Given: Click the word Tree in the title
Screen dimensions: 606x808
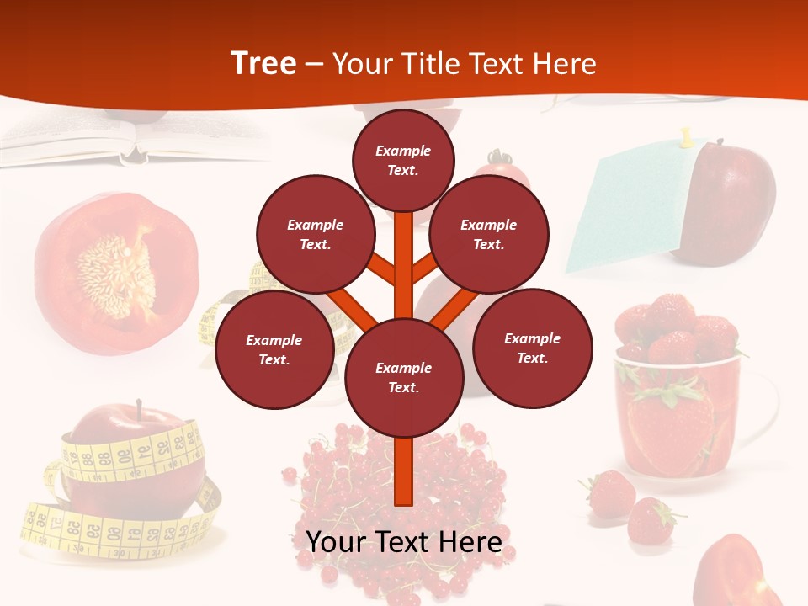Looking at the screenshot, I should coord(263,63).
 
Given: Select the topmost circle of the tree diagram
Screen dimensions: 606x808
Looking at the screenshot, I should coord(403,160).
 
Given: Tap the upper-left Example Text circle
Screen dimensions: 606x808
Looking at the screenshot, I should coord(316,235).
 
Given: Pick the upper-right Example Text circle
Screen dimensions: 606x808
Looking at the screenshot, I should coord(488,235).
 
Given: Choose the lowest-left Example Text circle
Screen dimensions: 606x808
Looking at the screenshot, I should coord(274,349).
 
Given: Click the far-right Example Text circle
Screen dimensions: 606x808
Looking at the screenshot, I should coord(532,348).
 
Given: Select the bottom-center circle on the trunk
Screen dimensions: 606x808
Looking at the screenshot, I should coord(403,378).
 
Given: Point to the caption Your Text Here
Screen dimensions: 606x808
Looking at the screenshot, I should coord(403,541).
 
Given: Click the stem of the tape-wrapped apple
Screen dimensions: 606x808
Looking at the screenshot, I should coord(139,409).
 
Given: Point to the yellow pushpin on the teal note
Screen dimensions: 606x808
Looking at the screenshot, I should coord(686,137).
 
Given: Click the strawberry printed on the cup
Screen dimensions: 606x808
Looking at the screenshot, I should coord(669,425).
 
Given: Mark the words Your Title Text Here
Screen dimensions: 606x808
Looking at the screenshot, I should coord(464,63).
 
